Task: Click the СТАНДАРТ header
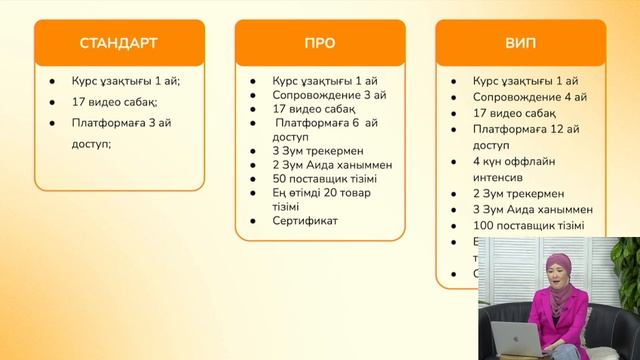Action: pos(118,43)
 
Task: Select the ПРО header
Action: pos(319,43)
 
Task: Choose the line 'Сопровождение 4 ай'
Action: pos(531,95)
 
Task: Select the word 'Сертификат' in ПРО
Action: pos(306,220)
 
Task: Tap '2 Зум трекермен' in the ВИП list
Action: pos(519,193)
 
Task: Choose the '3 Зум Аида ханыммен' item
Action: pos(533,209)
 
